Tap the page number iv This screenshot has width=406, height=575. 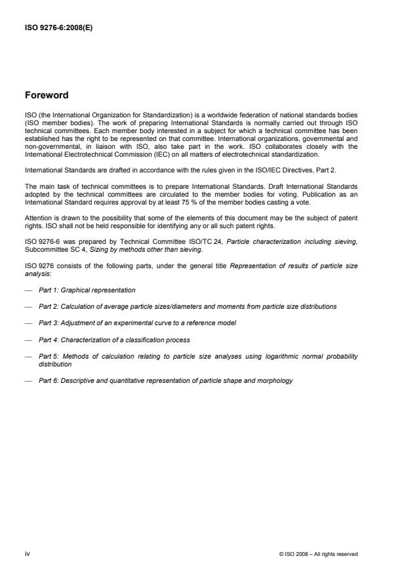point(28,554)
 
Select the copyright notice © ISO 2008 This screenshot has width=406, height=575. point(319,555)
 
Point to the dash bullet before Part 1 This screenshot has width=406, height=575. point(28,290)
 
